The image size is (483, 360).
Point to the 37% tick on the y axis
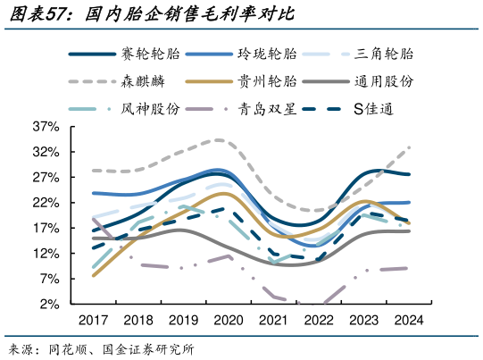46,127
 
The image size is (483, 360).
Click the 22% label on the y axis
46,203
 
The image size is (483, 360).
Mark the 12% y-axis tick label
46,254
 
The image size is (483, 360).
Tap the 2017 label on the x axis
93,320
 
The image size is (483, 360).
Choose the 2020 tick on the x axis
228,320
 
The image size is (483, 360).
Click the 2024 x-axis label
407,320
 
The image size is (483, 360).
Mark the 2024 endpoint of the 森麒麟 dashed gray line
409,147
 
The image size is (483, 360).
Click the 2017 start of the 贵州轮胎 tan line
94,275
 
